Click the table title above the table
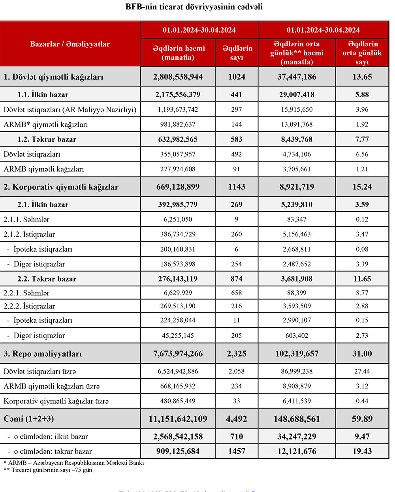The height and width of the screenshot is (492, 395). (x=194, y=7)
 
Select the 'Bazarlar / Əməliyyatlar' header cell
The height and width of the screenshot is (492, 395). (x=70, y=44)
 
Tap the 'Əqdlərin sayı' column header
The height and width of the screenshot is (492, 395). (x=237, y=53)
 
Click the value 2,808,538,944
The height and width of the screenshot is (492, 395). (x=178, y=77)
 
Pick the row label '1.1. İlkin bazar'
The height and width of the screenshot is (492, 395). (x=43, y=95)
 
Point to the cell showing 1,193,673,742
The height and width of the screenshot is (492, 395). (x=178, y=110)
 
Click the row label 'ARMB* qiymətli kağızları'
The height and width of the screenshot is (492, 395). (x=46, y=125)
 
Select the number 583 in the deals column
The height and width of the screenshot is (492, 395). (x=237, y=139)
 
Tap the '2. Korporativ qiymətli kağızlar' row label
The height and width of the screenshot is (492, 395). (x=61, y=187)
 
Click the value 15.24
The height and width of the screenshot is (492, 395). (x=362, y=187)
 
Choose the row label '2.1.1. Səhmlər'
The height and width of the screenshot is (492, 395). (x=26, y=220)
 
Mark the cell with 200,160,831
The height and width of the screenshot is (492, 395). (x=178, y=250)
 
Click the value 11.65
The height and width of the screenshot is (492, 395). (x=362, y=279)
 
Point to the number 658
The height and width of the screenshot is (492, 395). (x=237, y=293)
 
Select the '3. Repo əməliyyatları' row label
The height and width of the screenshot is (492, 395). (x=43, y=354)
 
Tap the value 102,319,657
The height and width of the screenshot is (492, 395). (x=297, y=354)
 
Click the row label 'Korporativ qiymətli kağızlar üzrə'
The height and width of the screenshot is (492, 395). (x=56, y=401)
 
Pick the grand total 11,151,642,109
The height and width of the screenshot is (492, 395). (x=178, y=419)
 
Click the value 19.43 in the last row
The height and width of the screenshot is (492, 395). (x=362, y=451)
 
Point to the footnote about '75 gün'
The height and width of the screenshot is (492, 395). (x=48, y=470)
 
